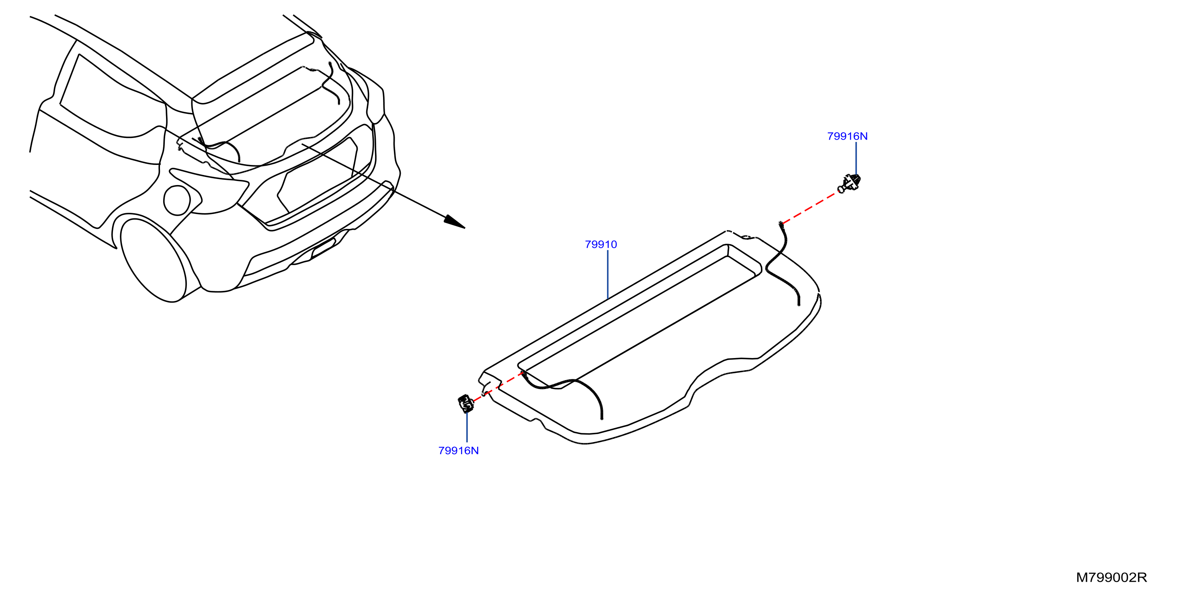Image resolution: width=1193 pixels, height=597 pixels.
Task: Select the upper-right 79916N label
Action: (847, 136)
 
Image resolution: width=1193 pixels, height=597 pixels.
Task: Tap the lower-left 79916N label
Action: (459, 451)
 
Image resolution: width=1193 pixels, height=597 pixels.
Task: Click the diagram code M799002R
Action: (1111, 578)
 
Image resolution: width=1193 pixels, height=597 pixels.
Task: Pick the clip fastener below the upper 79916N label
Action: (850, 183)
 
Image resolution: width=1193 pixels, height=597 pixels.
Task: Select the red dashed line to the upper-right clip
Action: (809, 208)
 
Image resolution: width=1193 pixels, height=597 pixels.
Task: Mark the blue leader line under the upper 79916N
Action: (856, 158)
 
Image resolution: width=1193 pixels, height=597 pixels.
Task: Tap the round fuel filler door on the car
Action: (176, 200)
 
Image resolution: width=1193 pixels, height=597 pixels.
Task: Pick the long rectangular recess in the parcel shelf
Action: (639, 315)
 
